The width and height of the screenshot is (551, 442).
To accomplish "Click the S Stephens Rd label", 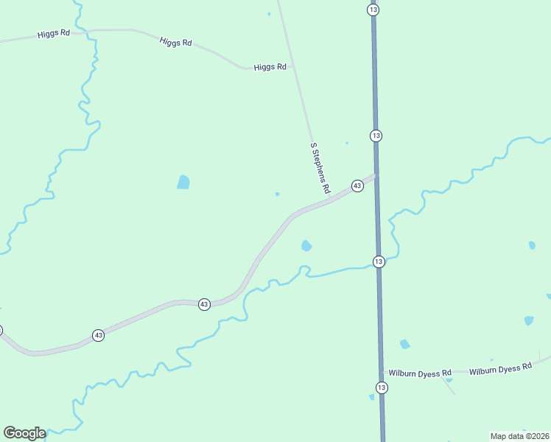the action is point(320,168).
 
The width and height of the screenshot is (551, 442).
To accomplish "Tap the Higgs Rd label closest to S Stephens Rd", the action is point(270,67).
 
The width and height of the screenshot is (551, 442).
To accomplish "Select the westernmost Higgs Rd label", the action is point(53,34).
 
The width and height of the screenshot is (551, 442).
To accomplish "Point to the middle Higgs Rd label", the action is point(175,43).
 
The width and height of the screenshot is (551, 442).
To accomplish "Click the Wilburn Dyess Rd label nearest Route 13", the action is point(420,373).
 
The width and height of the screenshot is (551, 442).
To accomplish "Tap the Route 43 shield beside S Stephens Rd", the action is point(357,186).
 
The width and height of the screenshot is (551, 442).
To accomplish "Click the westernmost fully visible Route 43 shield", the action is point(98,335).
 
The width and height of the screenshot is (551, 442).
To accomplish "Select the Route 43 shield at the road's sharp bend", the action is point(204,304).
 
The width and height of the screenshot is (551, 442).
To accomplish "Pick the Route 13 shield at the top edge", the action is point(373,9).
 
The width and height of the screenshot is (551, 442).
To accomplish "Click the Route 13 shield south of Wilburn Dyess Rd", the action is point(381,387).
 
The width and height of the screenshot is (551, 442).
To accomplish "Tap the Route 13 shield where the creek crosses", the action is point(379,262).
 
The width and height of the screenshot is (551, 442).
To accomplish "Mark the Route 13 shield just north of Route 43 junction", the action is point(376,136).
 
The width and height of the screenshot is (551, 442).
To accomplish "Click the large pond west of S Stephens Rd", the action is point(183,182).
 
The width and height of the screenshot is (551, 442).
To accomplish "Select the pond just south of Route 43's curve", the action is point(306,245).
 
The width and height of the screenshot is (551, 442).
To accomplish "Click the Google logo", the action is point(24,433).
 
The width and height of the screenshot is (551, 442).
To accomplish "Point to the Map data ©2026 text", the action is point(519,436).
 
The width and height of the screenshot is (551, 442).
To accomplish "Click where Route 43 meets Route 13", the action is point(376,175).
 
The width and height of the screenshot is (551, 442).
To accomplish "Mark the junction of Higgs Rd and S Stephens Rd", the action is point(294,67).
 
